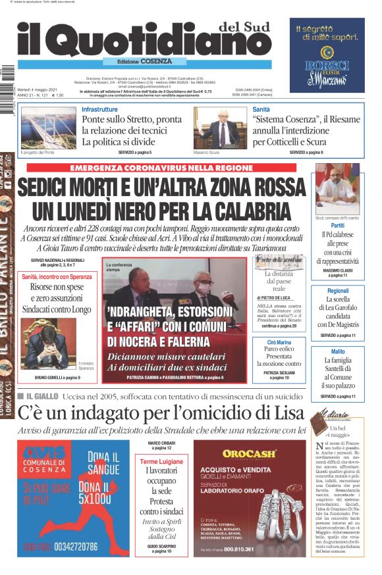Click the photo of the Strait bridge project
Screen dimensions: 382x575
[x=48, y=128]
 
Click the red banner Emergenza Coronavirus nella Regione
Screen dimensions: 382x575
[x=161, y=168]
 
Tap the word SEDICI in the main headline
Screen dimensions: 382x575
[x=55, y=189]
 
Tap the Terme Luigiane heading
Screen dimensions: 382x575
[x=161, y=462]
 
